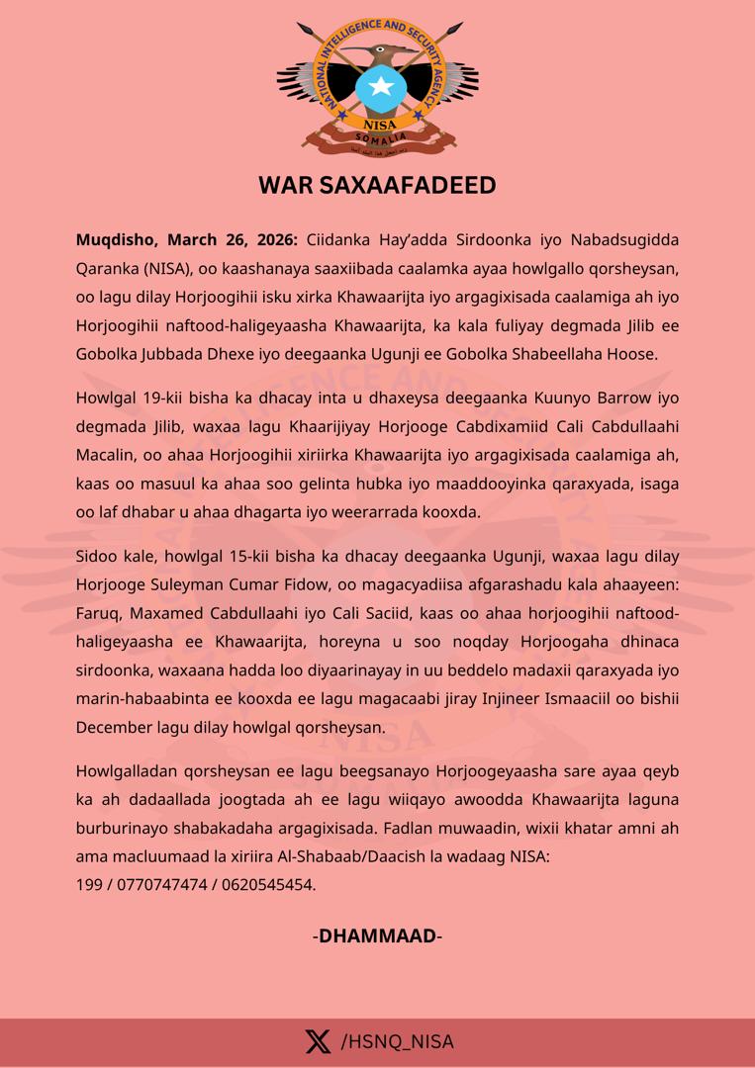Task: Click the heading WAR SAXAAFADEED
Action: click(x=377, y=185)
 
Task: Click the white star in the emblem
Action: click(x=380, y=87)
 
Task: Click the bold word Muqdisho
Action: click(x=116, y=240)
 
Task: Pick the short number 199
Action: click(x=89, y=884)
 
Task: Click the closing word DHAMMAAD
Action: click(x=377, y=935)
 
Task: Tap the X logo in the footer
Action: click(x=318, y=1041)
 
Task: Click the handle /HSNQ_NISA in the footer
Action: click(x=397, y=1041)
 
